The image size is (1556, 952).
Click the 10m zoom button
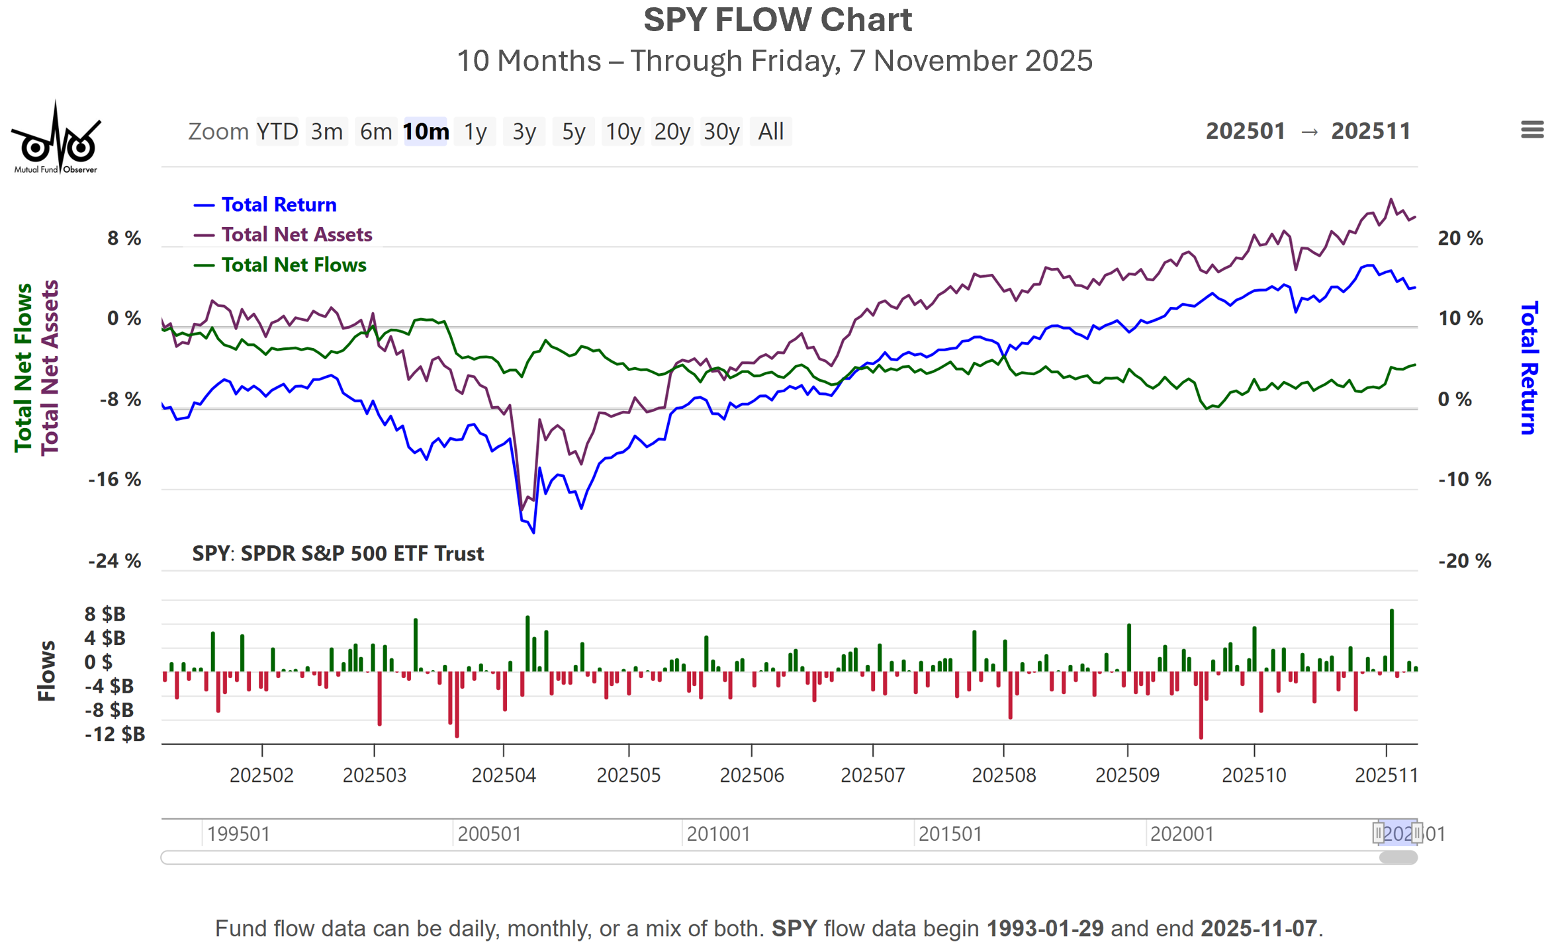click(x=426, y=132)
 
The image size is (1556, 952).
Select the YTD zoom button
click(x=277, y=132)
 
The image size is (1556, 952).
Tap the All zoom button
click(x=770, y=132)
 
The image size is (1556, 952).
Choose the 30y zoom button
click(x=721, y=132)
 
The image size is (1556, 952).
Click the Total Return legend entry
click(x=279, y=204)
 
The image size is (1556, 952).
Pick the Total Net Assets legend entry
click(x=297, y=234)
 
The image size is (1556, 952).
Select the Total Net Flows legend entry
click(x=293, y=265)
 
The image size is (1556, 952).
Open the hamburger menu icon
click(x=1532, y=130)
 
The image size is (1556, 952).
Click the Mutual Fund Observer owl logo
click(x=56, y=139)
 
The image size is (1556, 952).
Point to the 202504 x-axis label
click(x=504, y=775)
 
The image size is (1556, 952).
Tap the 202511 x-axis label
click(x=1386, y=775)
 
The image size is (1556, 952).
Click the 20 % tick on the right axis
click(x=1460, y=238)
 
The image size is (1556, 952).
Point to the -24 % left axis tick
click(x=114, y=561)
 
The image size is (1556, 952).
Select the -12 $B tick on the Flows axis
click(x=114, y=734)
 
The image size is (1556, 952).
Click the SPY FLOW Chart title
click(x=778, y=20)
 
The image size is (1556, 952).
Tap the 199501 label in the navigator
click(x=238, y=834)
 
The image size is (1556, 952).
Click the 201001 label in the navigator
click(x=718, y=834)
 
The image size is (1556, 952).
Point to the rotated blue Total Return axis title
click(x=1528, y=368)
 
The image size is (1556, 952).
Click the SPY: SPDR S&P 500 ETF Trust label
click(x=338, y=553)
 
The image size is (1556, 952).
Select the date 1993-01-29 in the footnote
click(x=1045, y=928)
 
